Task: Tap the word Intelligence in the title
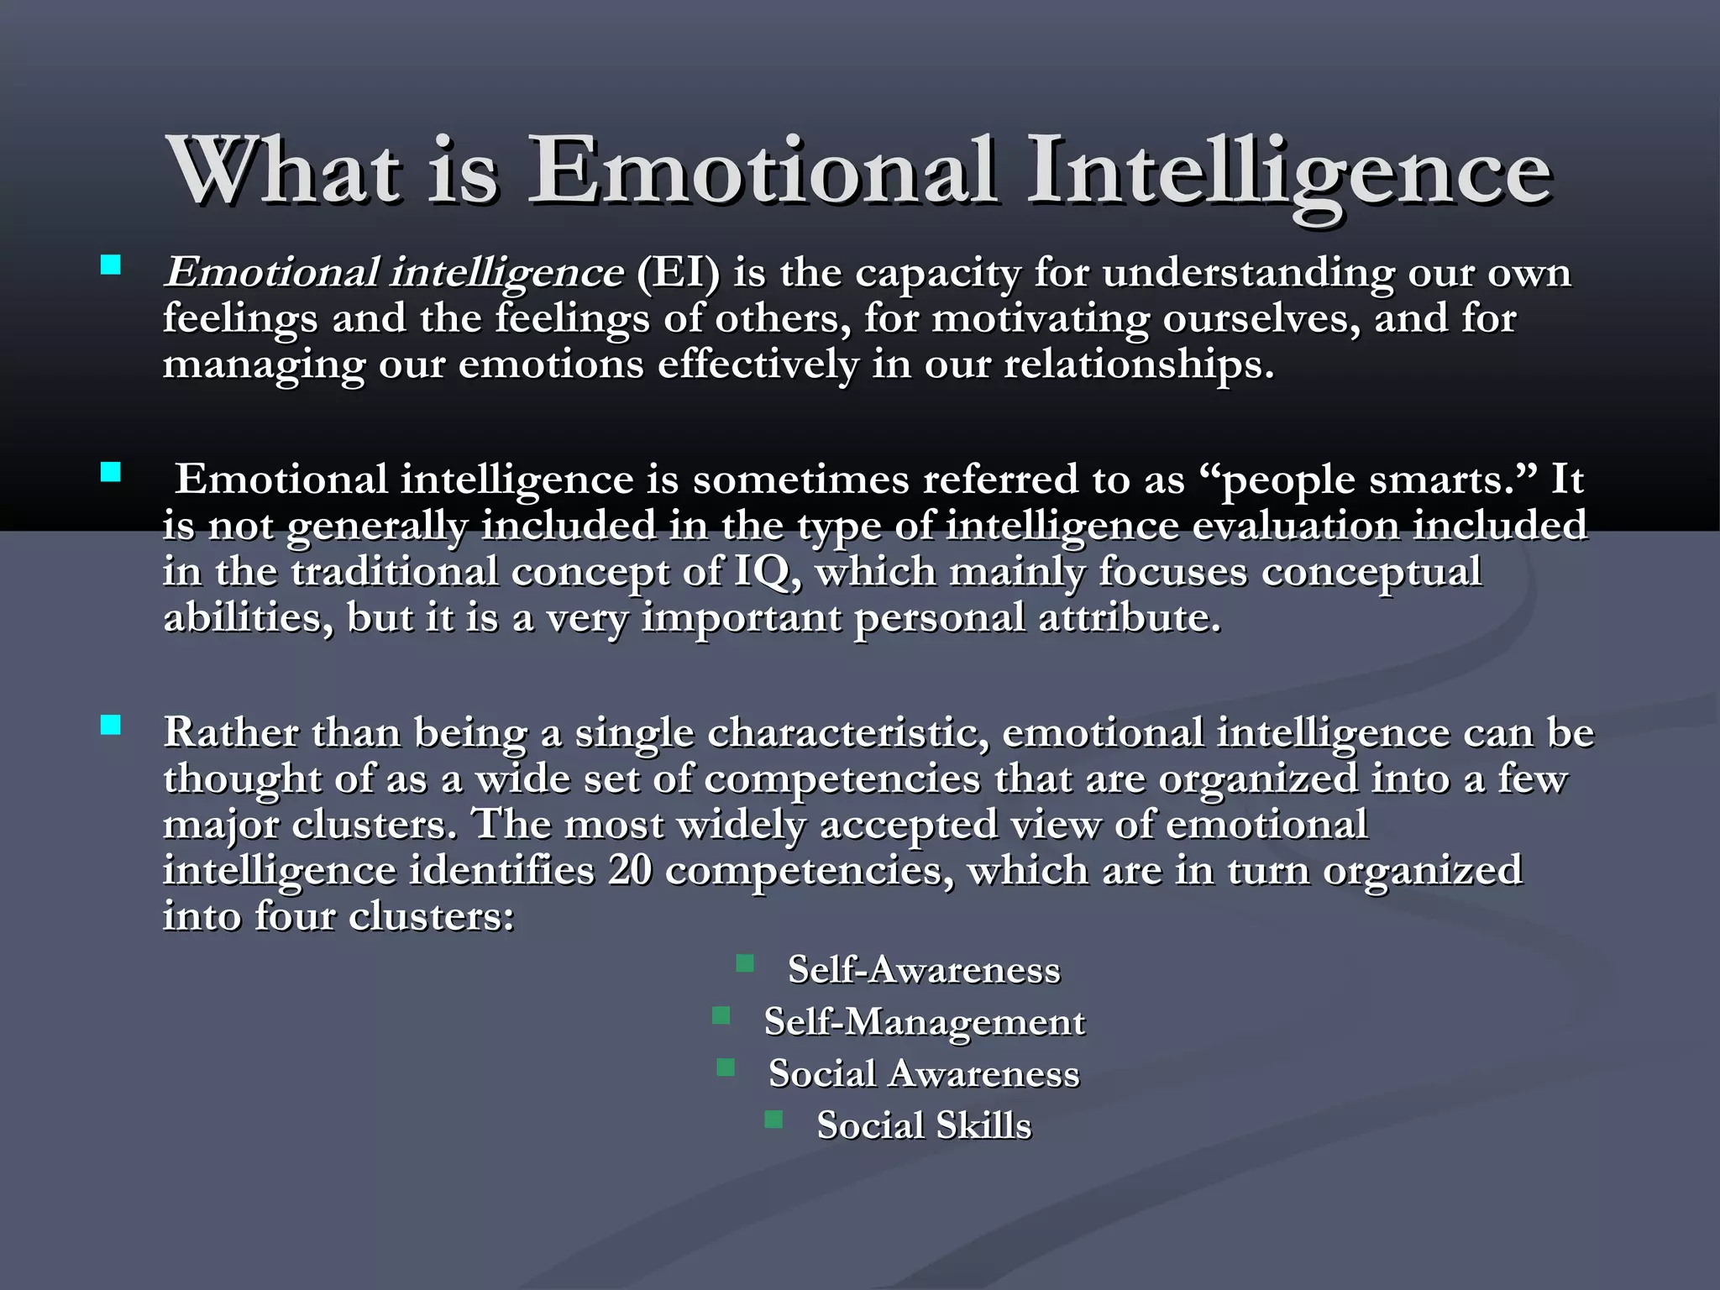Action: click(1289, 172)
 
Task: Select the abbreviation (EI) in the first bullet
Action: click(677, 272)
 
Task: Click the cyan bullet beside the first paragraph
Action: click(110, 266)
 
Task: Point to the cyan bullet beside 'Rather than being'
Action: click(110, 725)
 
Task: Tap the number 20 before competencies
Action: click(630, 870)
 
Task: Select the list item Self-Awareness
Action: click(924, 970)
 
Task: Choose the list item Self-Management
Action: click(924, 1022)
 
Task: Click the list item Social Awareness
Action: click(924, 1074)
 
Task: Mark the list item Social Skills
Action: click(924, 1126)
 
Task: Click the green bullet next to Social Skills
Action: click(774, 1120)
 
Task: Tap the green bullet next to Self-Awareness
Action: click(744, 963)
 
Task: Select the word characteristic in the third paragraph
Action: click(847, 732)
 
